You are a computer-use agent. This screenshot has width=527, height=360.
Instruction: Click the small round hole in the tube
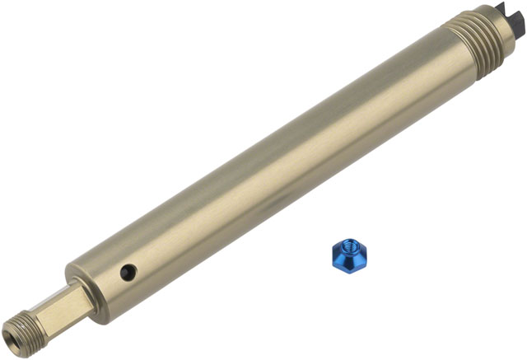(x=126, y=270)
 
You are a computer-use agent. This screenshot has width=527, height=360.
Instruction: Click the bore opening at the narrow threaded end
(x=11, y=339)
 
